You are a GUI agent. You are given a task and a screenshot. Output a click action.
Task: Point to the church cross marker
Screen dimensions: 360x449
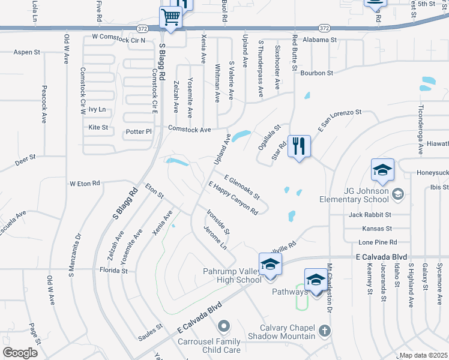pyautogui.click(x=324, y=331)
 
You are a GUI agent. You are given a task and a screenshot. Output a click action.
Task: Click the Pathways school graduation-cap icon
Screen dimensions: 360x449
pyautogui.click(x=316, y=280)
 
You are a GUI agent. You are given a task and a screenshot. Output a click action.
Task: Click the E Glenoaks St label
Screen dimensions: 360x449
pyautogui.click(x=242, y=187)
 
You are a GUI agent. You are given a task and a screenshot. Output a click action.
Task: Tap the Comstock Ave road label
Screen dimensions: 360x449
pyautogui.click(x=189, y=129)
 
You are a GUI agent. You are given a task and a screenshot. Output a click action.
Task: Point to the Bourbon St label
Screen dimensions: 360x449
pyautogui.click(x=317, y=73)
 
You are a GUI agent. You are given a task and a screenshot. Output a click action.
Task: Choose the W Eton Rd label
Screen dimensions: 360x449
pyautogui.click(x=85, y=183)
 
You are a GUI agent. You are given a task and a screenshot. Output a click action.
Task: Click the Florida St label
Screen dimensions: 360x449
pyautogui.click(x=114, y=271)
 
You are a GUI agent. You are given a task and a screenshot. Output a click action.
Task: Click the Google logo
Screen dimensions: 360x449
pyautogui.click(x=20, y=353)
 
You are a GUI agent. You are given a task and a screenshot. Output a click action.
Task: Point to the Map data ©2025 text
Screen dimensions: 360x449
pyautogui.click(x=423, y=355)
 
